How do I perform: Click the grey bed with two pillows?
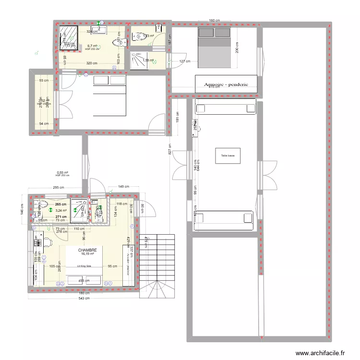click(x=214, y=46)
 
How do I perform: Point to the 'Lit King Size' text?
click(x=84, y=265)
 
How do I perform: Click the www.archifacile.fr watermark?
click(x=321, y=353)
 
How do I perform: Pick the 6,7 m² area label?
click(x=92, y=46)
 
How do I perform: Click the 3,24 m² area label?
click(x=61, y=210)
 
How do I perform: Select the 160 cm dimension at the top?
click(x=214, y=21)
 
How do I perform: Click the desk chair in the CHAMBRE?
click(x=48, y=241)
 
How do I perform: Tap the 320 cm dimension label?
click(x=92, y=63)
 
